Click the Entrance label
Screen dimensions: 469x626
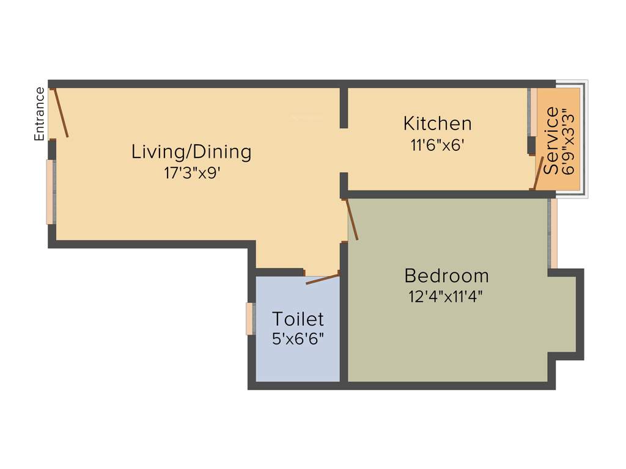[40, 114]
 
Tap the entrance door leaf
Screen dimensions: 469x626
[60, 112]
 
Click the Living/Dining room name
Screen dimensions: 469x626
[191, 151]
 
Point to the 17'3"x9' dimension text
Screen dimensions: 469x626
[191, 173]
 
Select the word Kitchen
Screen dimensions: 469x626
[437, 123]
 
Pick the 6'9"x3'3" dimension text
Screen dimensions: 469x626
[569, 142]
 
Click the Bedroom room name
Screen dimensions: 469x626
[446, 275]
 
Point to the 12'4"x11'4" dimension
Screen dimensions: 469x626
[446, 297]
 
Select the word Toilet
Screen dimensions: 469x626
[298, 319]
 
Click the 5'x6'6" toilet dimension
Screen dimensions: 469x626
[298, 338]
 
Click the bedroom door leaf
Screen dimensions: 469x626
[352, 219]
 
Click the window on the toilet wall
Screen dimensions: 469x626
[249, 319]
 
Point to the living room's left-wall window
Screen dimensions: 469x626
[50, 192]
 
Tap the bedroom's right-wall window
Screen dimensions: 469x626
[553, 233]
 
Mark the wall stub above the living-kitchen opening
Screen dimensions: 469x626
[344, 107]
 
